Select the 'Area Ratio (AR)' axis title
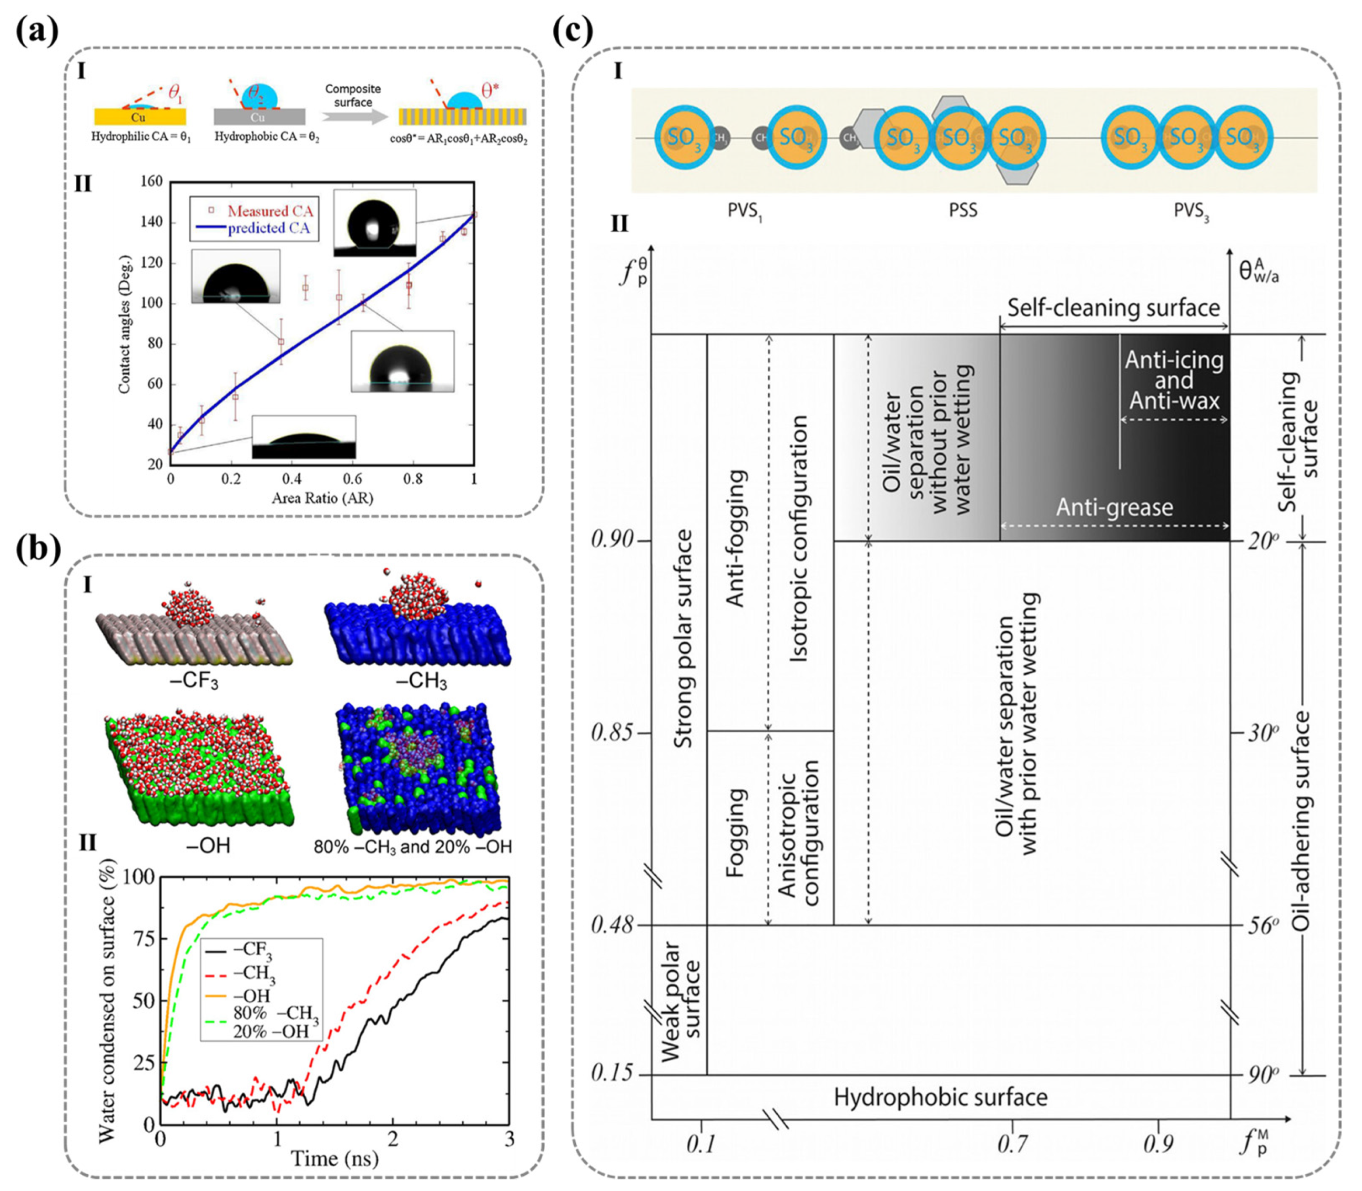(x=322, y=497)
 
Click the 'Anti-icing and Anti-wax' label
(x=1174, y=380)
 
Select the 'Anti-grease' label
(x=1115, y=507)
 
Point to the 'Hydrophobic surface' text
(x=940, y=1096)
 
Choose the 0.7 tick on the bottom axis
(x=1012, y=1143)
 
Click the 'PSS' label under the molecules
(x=963, y=211)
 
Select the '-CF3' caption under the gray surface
(x=194, y=681)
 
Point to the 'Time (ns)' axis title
(x=334, y=1158)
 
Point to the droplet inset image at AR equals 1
(x=374, y=223)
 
